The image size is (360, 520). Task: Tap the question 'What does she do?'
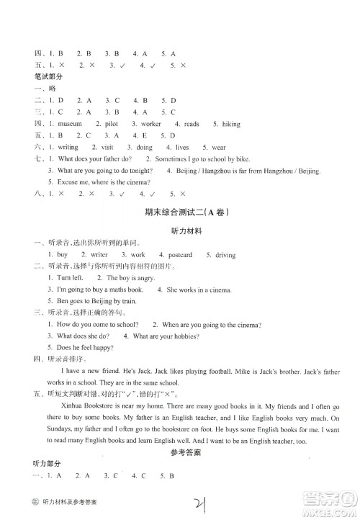click(x=83, y=336)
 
